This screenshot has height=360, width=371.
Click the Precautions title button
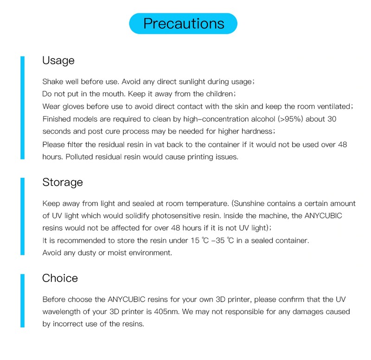[x=183, y=24]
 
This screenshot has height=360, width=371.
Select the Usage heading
[x=58, y=61]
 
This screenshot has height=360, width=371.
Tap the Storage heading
[x=63, y=182]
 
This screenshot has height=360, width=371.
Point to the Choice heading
[x=60, y=278]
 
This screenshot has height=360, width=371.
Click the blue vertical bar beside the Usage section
[x=22, y=108]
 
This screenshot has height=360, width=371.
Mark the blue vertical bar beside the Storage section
[x=22, y=216]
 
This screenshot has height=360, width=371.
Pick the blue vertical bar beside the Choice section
[x=22, y=300]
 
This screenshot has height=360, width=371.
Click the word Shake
[x=52, y=82]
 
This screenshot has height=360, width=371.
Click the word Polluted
[x=81, y=157]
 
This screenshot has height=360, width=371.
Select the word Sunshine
[x=255, y=203]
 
